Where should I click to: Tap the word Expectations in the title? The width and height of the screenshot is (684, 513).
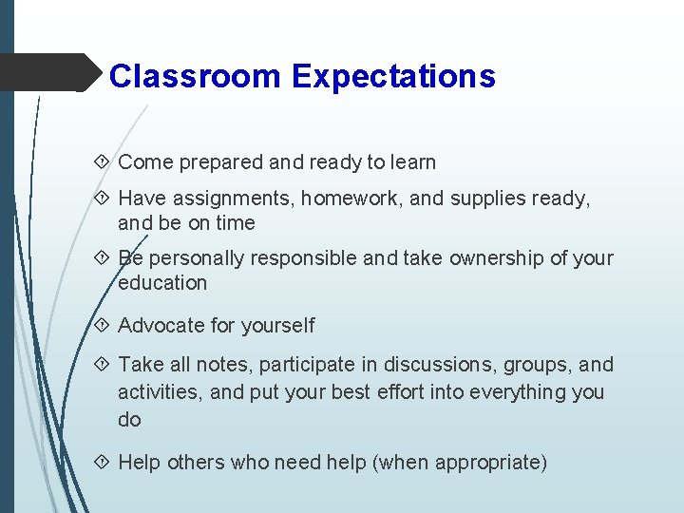pyautogui.click(x=393, y=76)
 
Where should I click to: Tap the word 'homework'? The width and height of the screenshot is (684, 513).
pyautogui.click(x=344, y=199)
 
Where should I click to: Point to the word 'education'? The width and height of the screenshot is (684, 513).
pyautogui.click(x=162, y=283)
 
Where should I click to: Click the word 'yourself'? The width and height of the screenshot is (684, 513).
pyautogui.click(x=277, y=326)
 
